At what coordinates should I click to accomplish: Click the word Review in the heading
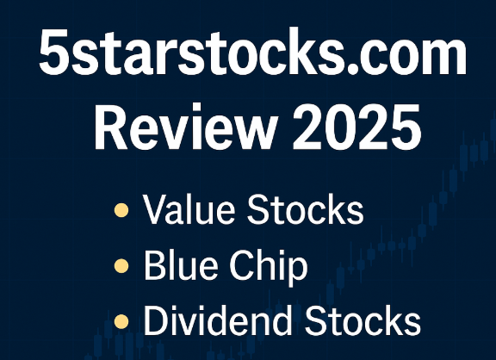coord(177,131)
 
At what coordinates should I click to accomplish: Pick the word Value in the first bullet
coord(187,211)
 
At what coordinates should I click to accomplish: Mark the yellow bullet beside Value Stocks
coord(122,211)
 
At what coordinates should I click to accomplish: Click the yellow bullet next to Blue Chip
coord(122,267)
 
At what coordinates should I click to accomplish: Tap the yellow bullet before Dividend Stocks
coord(122,323)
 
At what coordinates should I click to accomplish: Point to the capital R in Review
coord(109,131)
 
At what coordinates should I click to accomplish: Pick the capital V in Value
coord(156,211)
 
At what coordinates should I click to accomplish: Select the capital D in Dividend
coord(156,321)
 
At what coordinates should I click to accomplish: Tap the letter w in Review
coord(238,134)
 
